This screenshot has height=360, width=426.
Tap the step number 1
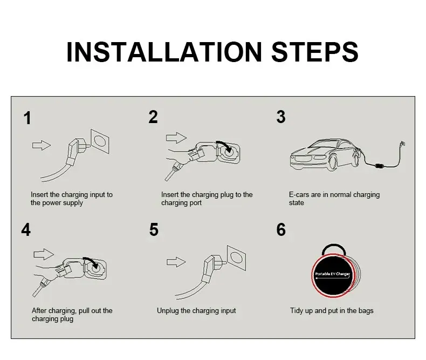pyautogui.click(x=27, y=118)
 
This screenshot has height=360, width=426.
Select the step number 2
pyautogui.click(x=153, y=117)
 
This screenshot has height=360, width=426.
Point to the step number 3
pyautogui.click(x=280, y=117)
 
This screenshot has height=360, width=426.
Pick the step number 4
pyautogui.click(x=26, y=230)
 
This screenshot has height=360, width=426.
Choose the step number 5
pyautogui.click(x=154, y=230)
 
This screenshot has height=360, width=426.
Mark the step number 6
pyautogui.click(x=281, y=230)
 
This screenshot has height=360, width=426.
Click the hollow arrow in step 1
pyautogui.click(x=42, y=145)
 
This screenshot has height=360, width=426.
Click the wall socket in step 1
pyautogui.click(x=100, y=141)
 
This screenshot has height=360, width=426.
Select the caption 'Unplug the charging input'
pyautogui.click(x=196, y=311)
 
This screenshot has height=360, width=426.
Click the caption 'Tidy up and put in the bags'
pyautogui.click(x=332, y=311)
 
